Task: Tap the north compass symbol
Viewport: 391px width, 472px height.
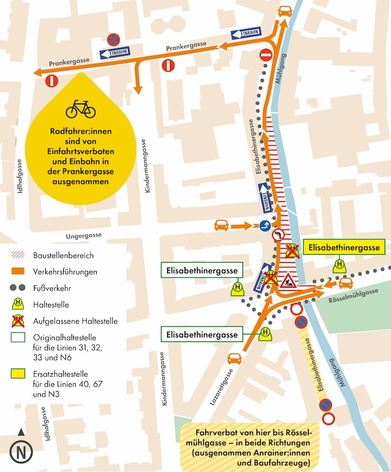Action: point(21,451)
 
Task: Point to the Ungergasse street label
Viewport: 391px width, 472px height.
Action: point(84,236)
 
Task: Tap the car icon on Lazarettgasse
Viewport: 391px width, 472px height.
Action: point(235,358)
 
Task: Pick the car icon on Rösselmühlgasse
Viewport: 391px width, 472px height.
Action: point(346,282)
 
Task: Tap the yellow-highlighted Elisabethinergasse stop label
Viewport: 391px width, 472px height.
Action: point(344,247)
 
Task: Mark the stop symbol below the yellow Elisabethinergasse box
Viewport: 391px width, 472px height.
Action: point(338,265)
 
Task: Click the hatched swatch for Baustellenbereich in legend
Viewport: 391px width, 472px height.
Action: point(19,255)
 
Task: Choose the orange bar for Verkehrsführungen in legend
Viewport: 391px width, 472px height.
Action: point(19,272)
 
